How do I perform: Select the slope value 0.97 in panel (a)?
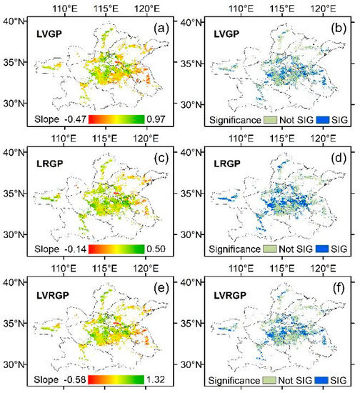point(159,119)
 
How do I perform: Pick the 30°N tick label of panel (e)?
point(18,363)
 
